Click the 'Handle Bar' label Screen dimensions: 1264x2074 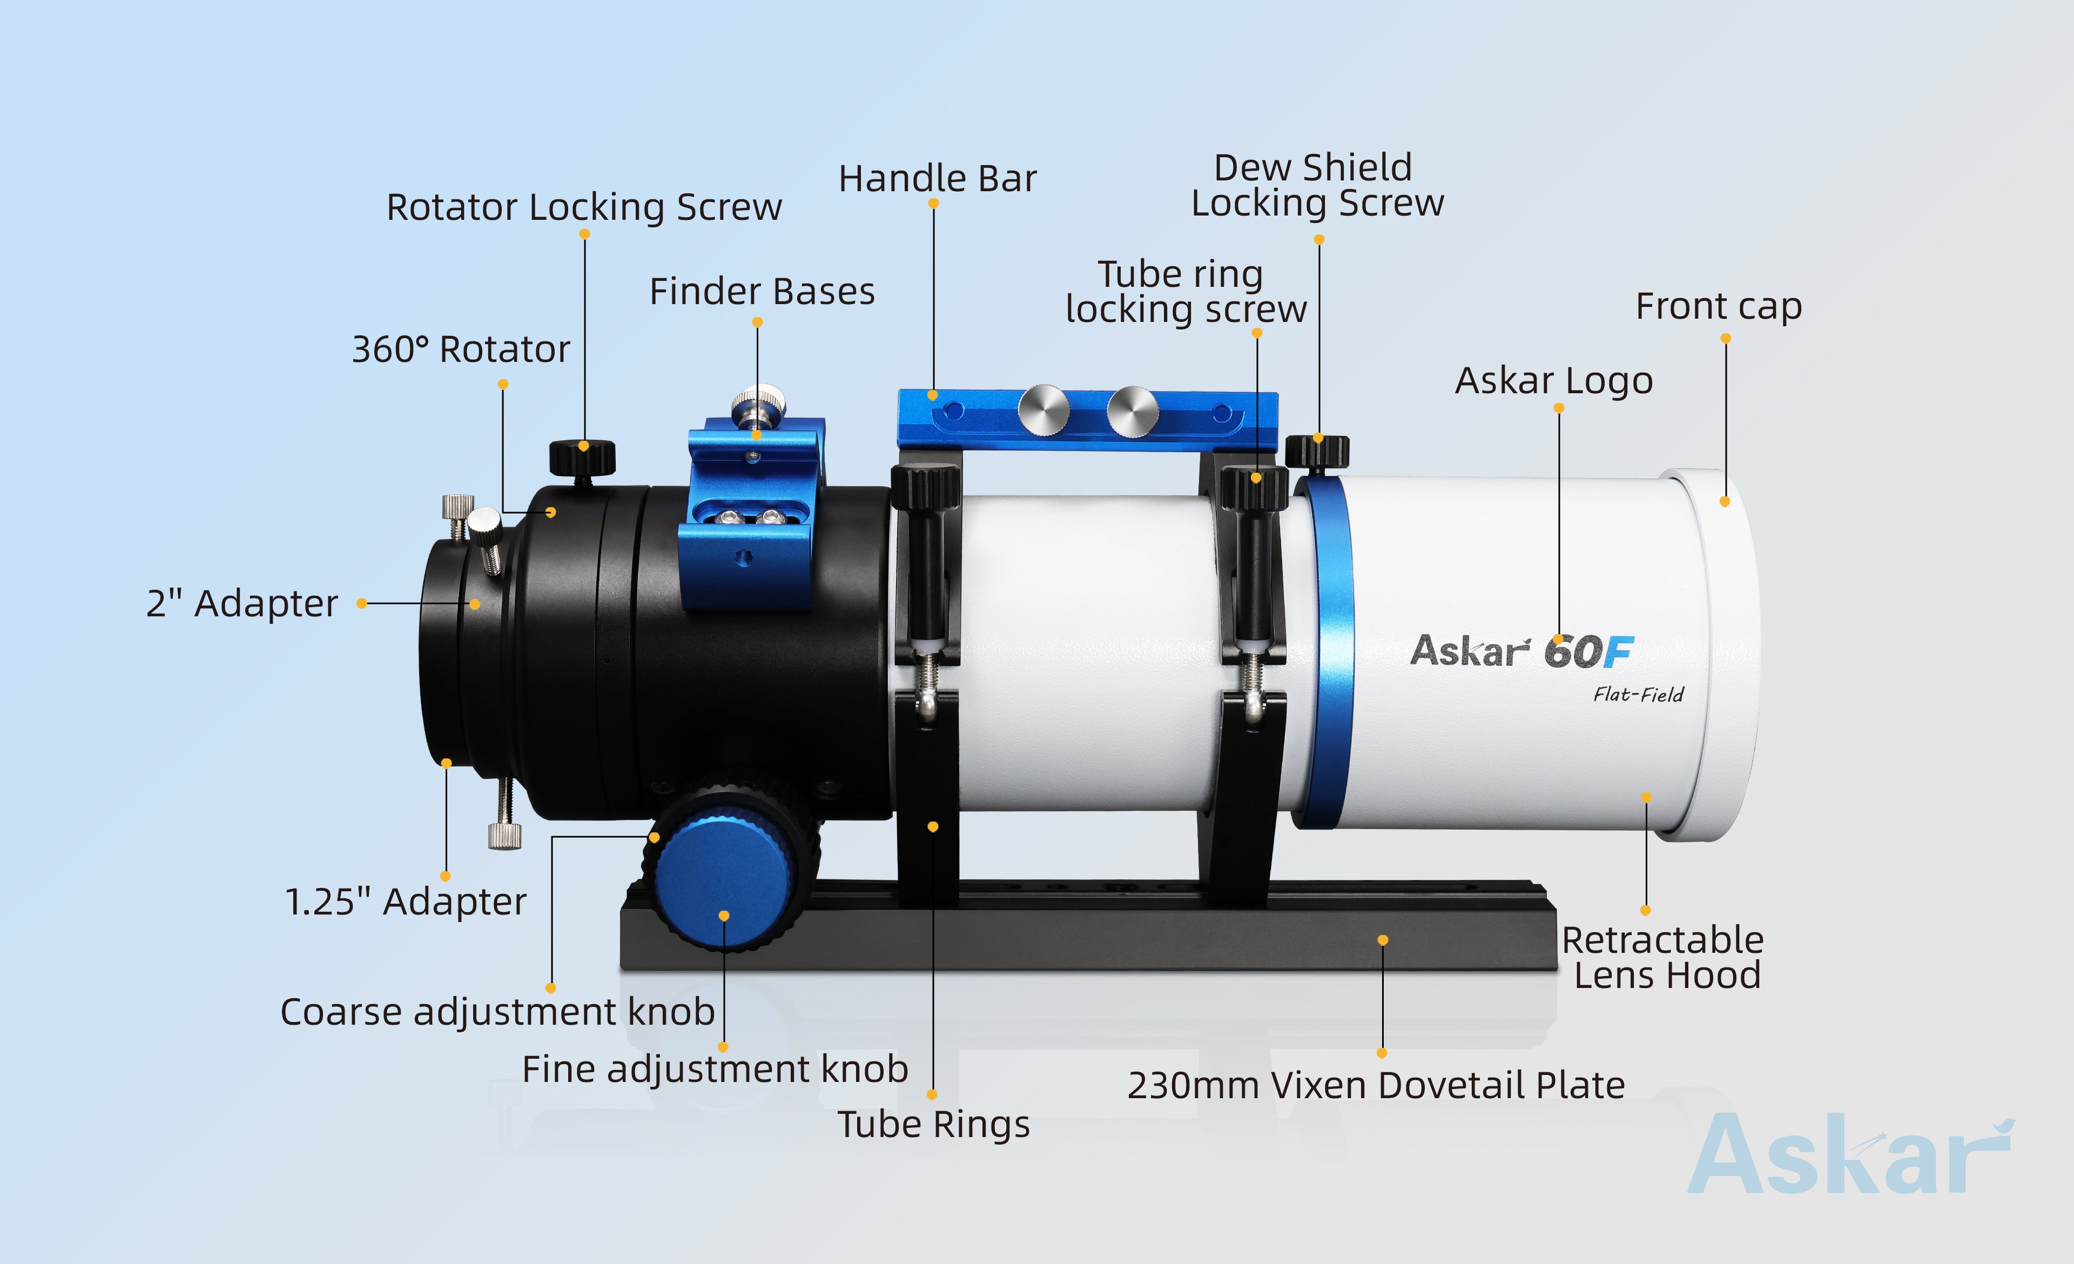pyautogui.click(x=937, y=178)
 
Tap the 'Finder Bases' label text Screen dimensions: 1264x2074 pyautogui.click(x=762, y=291)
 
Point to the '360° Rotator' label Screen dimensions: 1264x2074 pyautogui.click(x=460, y=348)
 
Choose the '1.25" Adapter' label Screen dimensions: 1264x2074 pyautogui.click(x=406, y=902)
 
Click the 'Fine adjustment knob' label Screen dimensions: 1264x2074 pyautogui.click(x=715, y=1069)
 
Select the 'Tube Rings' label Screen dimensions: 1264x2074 pyautogui.click(x=933, y=1124)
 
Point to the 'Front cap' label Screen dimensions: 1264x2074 pyautogui.click(x=1718, y=306)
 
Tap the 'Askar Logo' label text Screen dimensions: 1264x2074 pyautogui.click(x=1554, y=380)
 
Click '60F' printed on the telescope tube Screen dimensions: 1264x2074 pyautogui.click(x=1588, y=651)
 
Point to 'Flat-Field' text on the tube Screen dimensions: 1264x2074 pyautogui.click(x=1638, y=694)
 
